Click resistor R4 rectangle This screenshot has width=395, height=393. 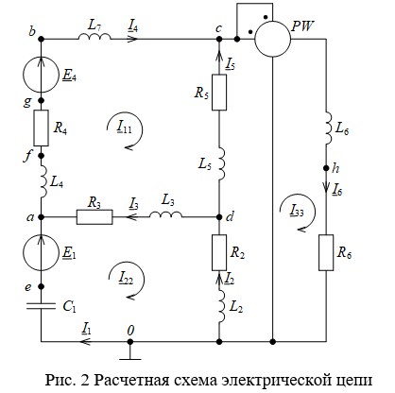click(41, 128)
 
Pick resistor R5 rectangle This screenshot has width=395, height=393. click(219, 93)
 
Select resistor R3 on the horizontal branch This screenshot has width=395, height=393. click(94, 217)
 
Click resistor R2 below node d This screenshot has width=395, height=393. click(219, 252)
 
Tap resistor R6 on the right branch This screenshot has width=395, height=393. click(326, 252)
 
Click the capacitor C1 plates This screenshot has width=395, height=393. click(41, 306)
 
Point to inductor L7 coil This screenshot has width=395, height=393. click(94, 36)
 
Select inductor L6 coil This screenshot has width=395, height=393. click(329, 128)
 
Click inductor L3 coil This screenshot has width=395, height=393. click(165, 214)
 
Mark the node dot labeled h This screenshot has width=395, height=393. click(326, 168)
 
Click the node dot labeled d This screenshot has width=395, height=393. click(219, 217)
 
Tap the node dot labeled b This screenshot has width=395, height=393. click(41, 39)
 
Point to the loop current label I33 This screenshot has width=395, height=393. click(297, 211)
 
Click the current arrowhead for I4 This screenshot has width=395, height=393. click(133, 39)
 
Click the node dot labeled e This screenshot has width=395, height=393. click(41, 286)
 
